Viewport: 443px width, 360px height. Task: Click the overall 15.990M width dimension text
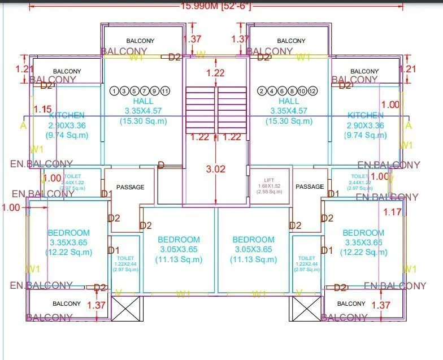click(215, 6)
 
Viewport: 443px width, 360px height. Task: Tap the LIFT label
click(269, 180)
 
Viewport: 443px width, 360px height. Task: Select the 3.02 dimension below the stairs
click(215, 169)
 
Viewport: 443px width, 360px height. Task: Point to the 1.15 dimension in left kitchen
click(42, 109)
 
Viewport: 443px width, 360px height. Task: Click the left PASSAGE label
click(130, 187)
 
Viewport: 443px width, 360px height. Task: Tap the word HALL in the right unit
click(289, 101)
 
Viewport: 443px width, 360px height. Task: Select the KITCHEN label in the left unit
click(67, 115)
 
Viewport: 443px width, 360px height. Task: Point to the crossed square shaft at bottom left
click(125, 309)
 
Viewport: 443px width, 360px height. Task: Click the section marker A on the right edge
click(409, 125)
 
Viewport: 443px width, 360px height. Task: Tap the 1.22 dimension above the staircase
click(215, 73)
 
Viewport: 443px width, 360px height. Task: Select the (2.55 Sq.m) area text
click(269, 192)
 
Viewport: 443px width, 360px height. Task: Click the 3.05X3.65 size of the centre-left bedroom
click(179, 249)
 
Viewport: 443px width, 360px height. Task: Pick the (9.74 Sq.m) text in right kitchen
click(367, 136)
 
